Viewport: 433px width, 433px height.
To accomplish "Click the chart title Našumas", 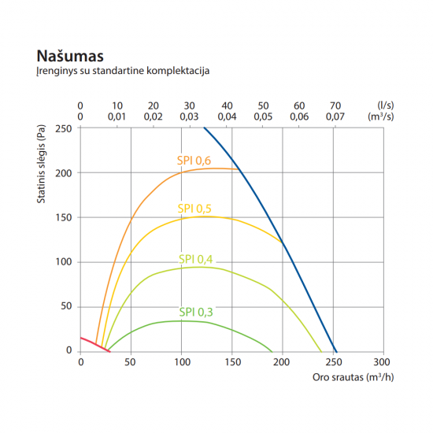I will (x=70, y=57).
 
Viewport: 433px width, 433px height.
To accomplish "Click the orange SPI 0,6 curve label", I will (x=194, y=161).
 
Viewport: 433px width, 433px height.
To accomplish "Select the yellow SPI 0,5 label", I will (x=194, y=209).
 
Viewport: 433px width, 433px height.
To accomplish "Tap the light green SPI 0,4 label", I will (x=196, y=259).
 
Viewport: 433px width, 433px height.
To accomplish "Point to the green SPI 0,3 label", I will (x=196, y=312).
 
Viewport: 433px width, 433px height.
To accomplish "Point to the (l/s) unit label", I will (x=385, y=105).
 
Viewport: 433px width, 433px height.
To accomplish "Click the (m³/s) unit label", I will (x=382, y=117).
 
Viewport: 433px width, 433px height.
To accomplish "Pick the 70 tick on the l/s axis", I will (x=336, y=105).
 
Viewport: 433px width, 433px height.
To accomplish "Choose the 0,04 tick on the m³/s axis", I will (x=227, y=117).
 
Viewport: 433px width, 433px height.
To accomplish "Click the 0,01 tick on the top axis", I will (x=117, y=117).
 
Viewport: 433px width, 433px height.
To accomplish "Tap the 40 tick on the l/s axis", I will (x=227, y=105).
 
